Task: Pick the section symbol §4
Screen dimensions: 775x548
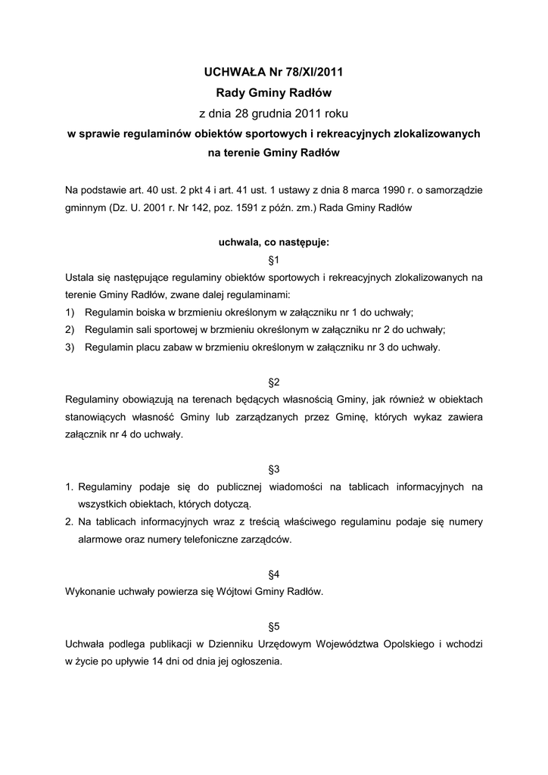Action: click(274, 575)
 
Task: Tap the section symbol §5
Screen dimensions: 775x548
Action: click(274, 627)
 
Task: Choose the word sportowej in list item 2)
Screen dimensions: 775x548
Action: click(173, 330)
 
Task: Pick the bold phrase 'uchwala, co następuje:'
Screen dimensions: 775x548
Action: click(274, 244)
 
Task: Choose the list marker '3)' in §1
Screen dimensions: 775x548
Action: click(70, 347)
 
